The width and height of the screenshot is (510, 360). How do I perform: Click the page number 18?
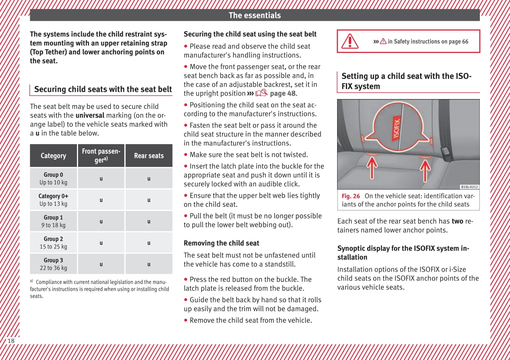pyautogui.click(x=11, y=341)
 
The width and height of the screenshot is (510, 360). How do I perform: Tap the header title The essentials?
pyautogui.click(x=254, y=15)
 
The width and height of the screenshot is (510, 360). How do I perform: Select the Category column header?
pyautogui.click(x=53, y=156)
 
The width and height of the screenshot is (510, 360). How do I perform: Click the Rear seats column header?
pyautogui.click(x=149, y=156)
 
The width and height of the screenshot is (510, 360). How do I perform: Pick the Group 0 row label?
pyautogui.click(x=53, y=178)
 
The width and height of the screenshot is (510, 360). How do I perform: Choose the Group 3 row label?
pyautogui.click(x=53, y=264)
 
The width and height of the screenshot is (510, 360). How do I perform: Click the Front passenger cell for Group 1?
pyautogui.click(x=101, y=221)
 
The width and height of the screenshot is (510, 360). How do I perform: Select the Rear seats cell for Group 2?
pyautogui.click(x=149, y=243)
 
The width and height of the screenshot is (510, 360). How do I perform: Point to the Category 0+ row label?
pyautogui.click(x=53, y=200)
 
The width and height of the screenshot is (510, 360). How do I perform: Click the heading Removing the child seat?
pyautogui.click(x=221, y=243)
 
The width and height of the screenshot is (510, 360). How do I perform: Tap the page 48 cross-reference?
pyautogui.click(x=283, y=93)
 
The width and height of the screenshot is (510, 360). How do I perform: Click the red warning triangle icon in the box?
pyautogui.click(x=349, y=41)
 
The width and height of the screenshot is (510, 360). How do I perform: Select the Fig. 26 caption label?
pyautogui.click(x=350, y=196)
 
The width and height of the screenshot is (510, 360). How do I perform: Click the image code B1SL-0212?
pyautogui.click(x=469, y=187)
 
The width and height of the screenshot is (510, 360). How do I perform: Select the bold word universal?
pyautogui.click(x=90, y=115)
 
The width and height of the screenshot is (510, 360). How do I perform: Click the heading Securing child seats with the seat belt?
pyautogui.click(x=103, y=90)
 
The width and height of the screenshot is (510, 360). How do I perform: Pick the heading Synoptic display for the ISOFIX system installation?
pyautogui.click(x=403, y=253)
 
